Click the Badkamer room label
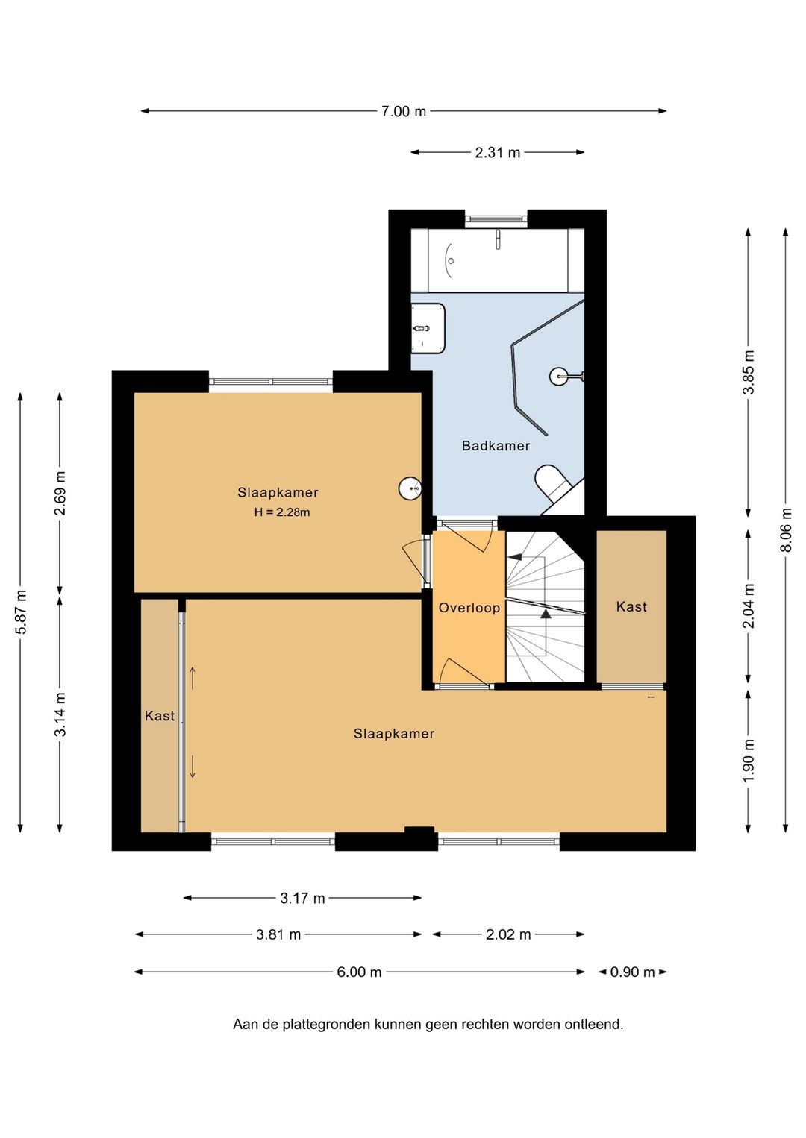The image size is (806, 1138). pyautogui.click(x=496, y=446)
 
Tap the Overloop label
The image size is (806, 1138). pyautogui.click(x=469, y=608)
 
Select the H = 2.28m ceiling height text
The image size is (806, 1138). pyautogui.click(x=281, y=512)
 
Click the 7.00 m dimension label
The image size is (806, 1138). pyautogui.click(x=403, y=111)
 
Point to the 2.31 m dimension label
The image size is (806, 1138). pyautogui.click(x=497, y=152)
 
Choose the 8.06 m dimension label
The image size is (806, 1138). pyautogui.click(x=786, y=529)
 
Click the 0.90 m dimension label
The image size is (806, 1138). pyautogui.click(x=632, y=972)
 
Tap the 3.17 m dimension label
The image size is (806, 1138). pyautogui.click(x=302, y=899)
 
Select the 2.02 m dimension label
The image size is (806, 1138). pyautogui.click(x=508, y=934)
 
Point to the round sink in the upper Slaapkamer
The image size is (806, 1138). pyautogui.click(x=410, y=488)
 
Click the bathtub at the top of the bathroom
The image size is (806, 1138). pyautogui.click(x=498, y=260)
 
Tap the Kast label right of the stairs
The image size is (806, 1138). pyautogui.click(x=631, y=606)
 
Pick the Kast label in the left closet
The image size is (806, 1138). pyautogui.click(x=159, y=716)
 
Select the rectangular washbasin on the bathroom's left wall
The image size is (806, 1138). pyautogui.click(x=428, y=328)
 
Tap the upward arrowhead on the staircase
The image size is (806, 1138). pyautogui.click(x=546, y=613)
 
